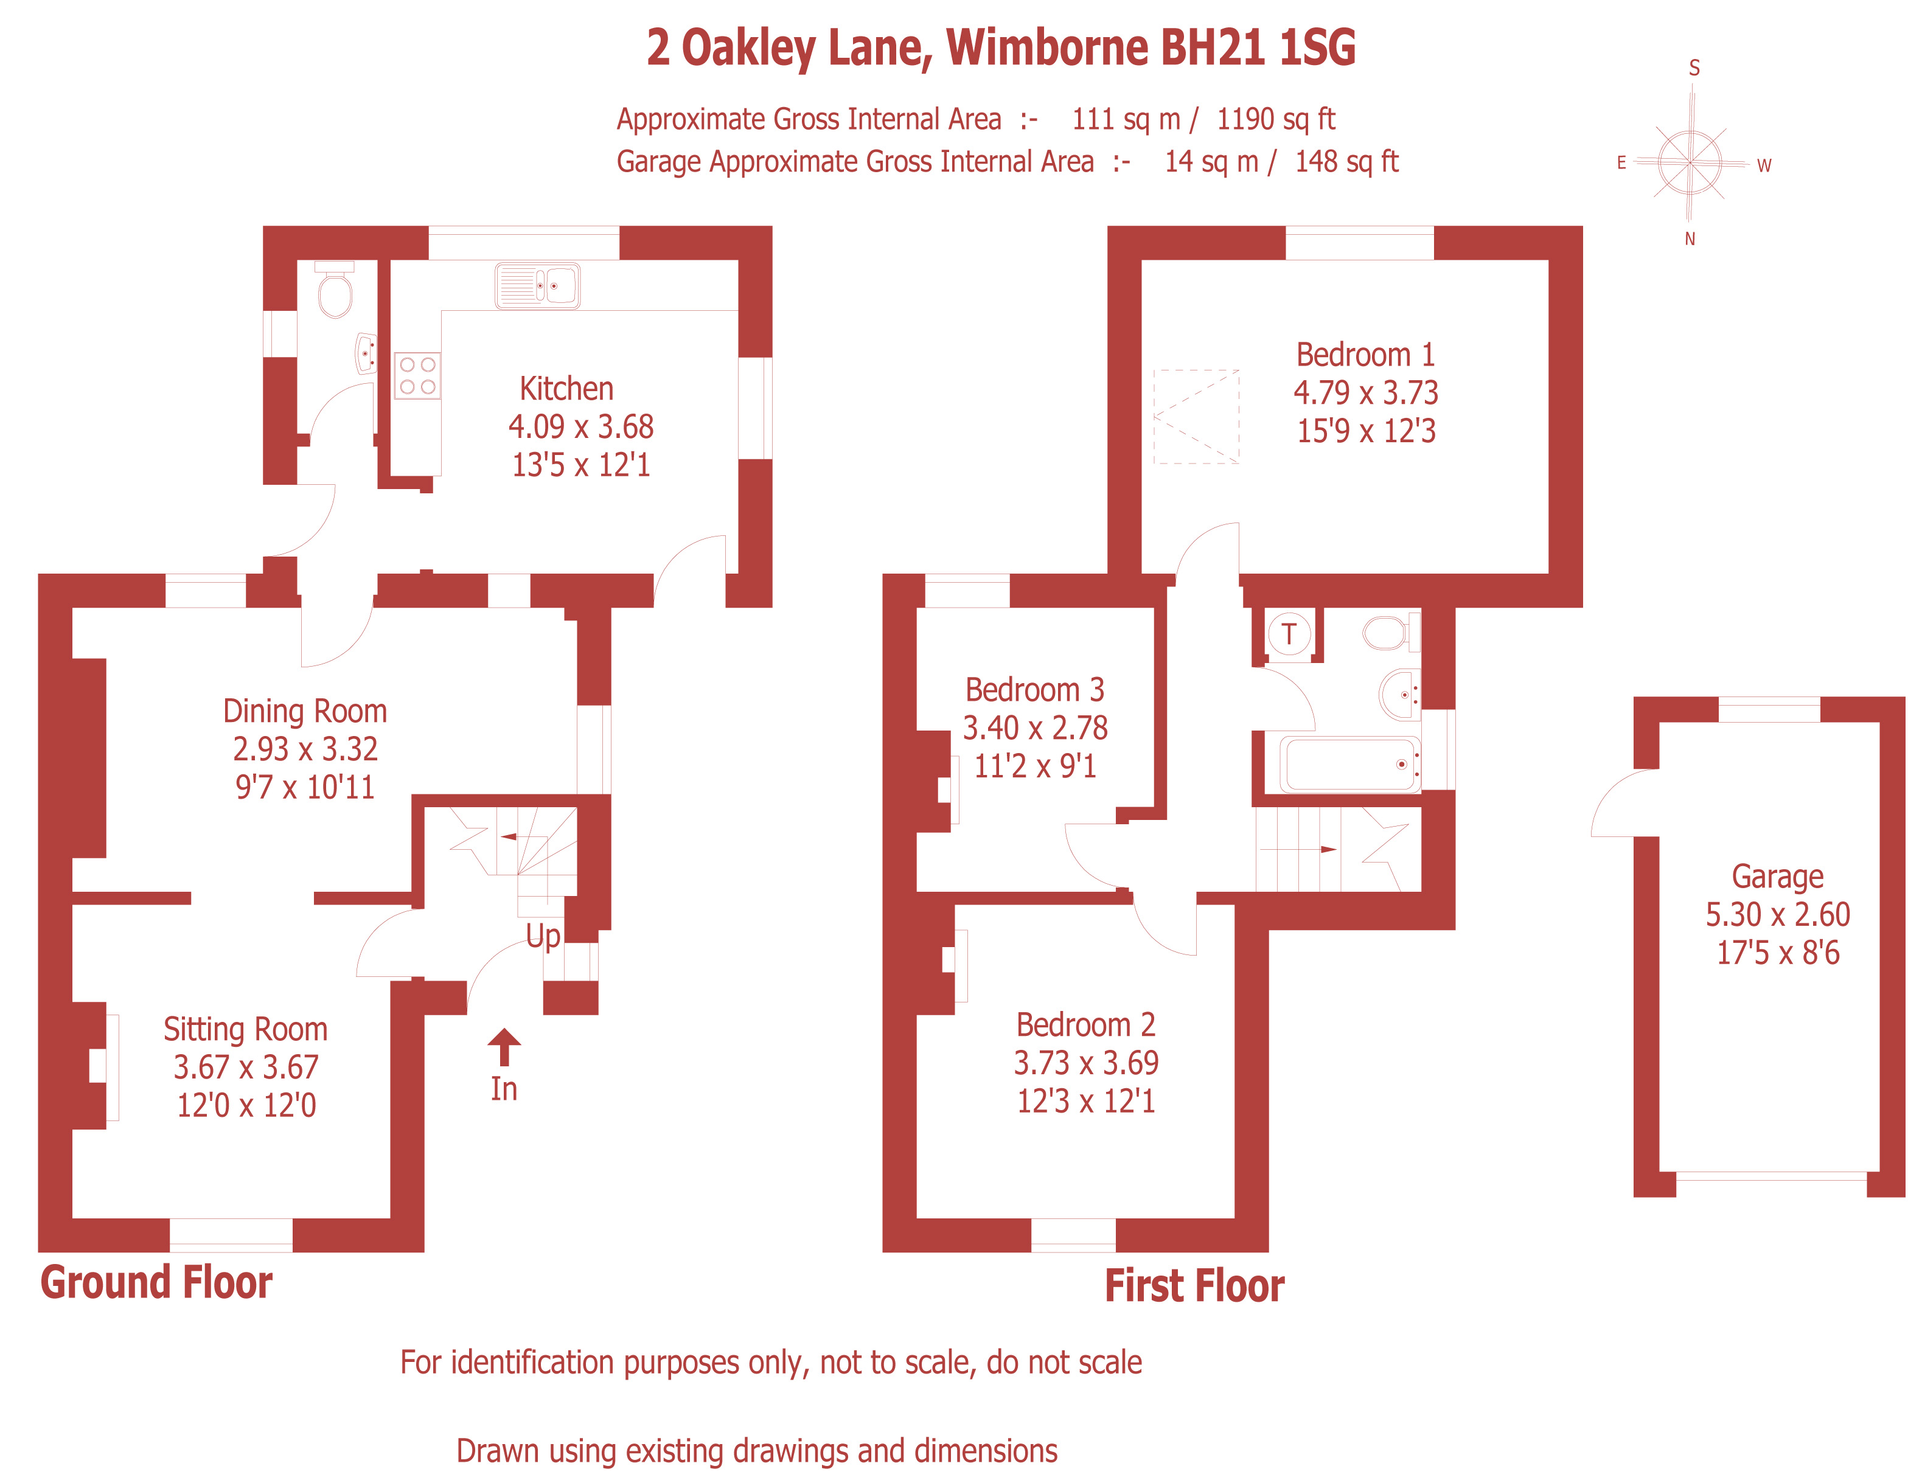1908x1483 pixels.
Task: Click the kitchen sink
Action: click(537, 286)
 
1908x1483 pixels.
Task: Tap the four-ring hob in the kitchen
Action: click(417, 375)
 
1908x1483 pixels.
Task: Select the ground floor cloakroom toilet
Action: click(335, 290)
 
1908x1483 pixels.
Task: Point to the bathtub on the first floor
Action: click(1349, 764)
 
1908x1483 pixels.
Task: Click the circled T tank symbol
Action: click(1289, 633)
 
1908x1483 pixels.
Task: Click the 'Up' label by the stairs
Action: click(543, 936)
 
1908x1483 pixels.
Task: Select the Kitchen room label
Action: click(566, 389)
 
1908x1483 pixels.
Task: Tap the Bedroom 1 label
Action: click(1365, 355)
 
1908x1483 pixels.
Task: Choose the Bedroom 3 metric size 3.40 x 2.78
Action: click(1036, 728)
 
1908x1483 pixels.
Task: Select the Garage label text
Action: click(1778, 876)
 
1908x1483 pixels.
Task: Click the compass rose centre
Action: click(1690, 162)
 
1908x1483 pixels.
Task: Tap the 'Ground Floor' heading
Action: click(156, 1283)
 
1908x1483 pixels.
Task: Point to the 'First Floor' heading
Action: click(1194, 1287)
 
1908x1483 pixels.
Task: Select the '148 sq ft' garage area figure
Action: click(1346, 162)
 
